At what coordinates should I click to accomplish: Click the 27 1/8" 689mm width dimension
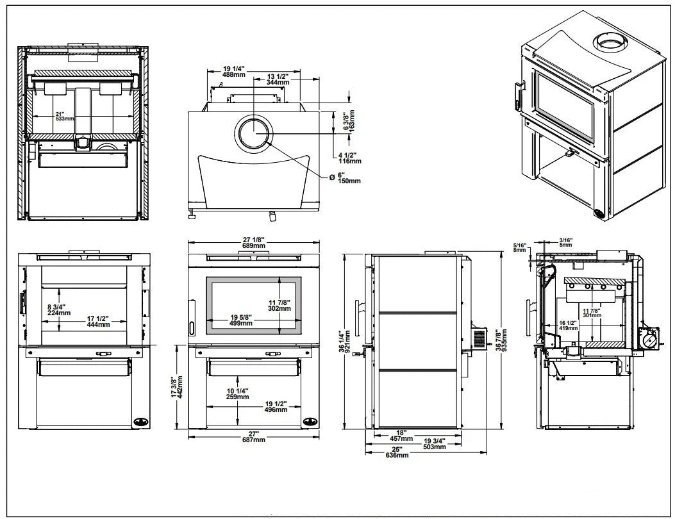click(x=253, y=242)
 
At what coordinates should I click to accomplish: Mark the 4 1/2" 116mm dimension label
click(x=349, y=157)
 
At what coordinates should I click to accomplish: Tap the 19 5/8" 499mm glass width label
click(x=241, y=320)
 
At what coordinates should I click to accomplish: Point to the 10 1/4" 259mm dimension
click(x=237, y=393)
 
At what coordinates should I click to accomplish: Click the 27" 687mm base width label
click(x=253, y=436)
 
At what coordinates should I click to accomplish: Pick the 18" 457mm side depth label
click(x=402, y=436)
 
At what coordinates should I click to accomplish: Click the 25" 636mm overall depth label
click(x=397, y=452)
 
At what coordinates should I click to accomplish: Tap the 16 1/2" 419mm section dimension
click(x=567, y=324)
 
